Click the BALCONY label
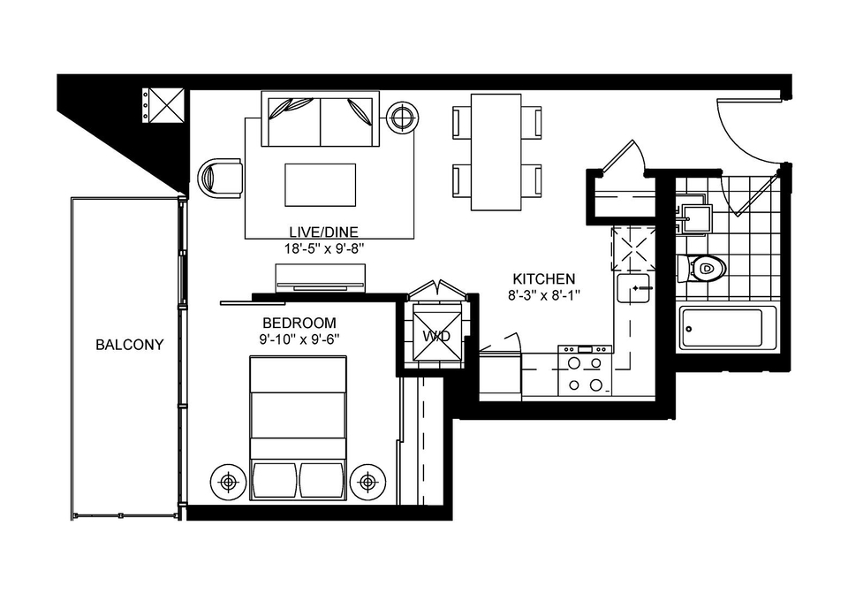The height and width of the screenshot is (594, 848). tap(129, 345)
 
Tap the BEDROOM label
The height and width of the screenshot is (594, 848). tap(299, 323)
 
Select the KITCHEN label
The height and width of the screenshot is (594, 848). tap(543, 279)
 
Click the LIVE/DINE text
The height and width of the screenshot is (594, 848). tap(323, 232)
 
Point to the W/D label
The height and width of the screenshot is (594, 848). tap(436, 337)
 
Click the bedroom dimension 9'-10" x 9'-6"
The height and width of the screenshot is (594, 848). tap(299, 339)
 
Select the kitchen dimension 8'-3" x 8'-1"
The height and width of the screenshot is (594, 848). tap(543, 295)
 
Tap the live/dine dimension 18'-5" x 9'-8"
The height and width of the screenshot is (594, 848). tap(323, 249)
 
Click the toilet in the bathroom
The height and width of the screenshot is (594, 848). tap(701, 269)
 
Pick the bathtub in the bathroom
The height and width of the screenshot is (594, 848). tap(728, 327)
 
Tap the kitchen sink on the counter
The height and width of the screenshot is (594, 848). tap(633, 288)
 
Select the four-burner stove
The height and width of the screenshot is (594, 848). tap(585, 371)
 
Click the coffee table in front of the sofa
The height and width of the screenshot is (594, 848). tap(320, 185)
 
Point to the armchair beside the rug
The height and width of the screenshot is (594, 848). tap(220, 178)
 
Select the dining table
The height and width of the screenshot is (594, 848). tap(496, 152)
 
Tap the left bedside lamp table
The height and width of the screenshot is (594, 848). tap(229, 482)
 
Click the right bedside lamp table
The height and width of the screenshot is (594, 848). tap(367, 482)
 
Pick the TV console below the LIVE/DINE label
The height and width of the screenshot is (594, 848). tap(320, 278)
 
